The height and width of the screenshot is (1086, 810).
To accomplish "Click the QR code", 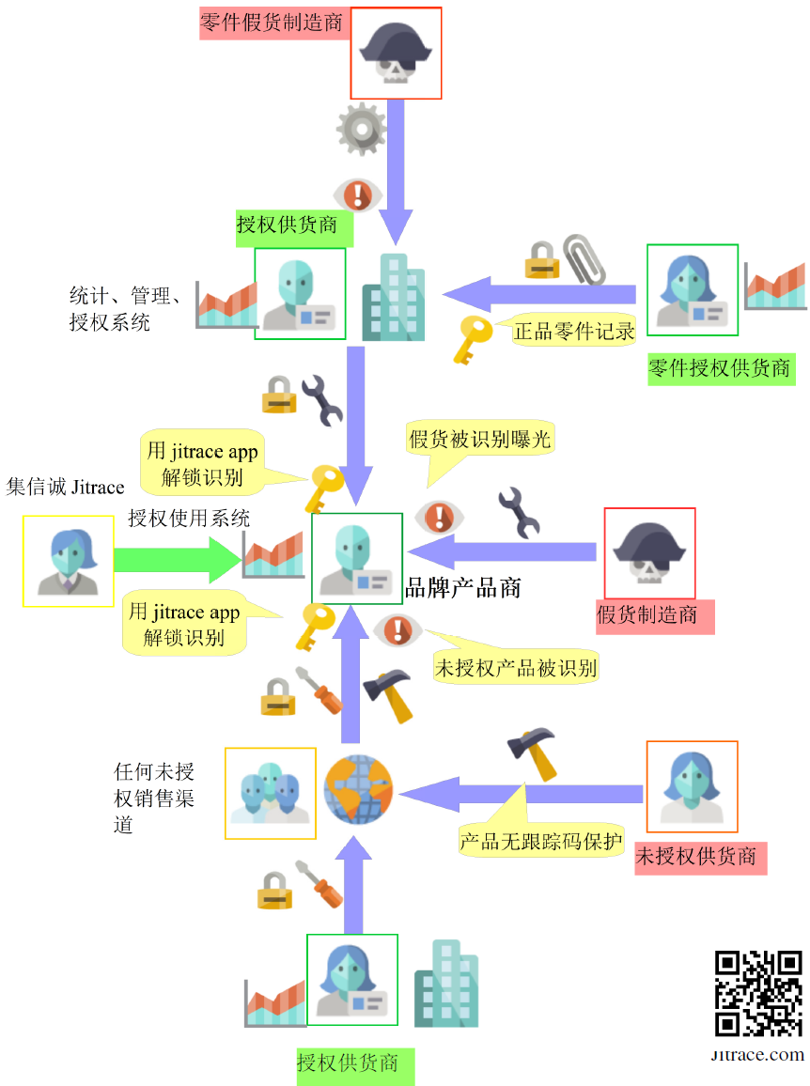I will [x=757, y=994].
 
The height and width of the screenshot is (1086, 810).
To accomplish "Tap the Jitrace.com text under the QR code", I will [x=757, y=1054].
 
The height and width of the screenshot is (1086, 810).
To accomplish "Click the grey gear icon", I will [x=362, y=130].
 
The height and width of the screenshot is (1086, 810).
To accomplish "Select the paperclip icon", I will [x=584, y=259].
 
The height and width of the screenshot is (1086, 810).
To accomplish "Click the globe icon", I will [x=357, y=790].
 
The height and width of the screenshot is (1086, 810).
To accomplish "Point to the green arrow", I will [x=177, y=561].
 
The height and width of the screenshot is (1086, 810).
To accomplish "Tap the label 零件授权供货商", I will [x=720, y=367].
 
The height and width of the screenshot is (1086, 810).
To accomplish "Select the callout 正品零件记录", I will [x=573, y=331].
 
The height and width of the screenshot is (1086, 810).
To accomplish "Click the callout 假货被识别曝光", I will [x=480, y=439].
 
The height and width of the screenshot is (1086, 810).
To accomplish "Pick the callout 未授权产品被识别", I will [x=515, y=667].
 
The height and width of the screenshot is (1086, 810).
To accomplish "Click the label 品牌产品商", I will [x=462, y=588].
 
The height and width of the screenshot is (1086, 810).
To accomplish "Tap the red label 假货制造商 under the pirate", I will [x=647, y=615].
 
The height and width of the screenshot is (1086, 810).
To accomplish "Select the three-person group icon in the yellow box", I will [x=271, y=793].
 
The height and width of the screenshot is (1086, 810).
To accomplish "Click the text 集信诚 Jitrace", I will [x=65, y=487].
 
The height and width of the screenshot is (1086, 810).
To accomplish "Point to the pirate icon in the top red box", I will [x=396, y=54].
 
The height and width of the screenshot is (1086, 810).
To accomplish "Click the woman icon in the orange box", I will [x=692, y=786].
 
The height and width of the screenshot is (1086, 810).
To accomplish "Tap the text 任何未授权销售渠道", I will [x=154, y=798].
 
